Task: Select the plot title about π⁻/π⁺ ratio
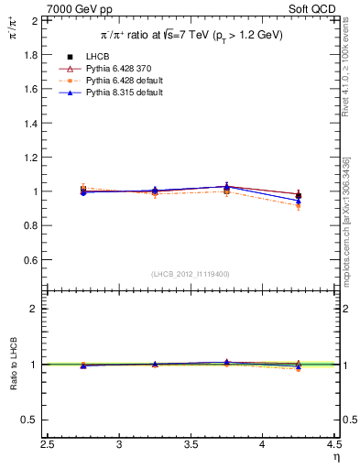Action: [x=191, y=34]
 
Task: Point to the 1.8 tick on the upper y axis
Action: [x=28, y=55]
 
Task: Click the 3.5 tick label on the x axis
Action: [x=191, y=445]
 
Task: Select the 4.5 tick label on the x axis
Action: [x=333, y=445]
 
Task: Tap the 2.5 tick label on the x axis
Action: [x=49, y=445]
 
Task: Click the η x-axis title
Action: [x=334, y=457]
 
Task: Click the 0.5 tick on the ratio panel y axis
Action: [x=28, y=420]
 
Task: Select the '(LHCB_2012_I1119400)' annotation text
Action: [x=191, y=274]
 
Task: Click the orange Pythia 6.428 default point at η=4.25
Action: [x=299, y=206]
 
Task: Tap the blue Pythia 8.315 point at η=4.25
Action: [x=299, y=201]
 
